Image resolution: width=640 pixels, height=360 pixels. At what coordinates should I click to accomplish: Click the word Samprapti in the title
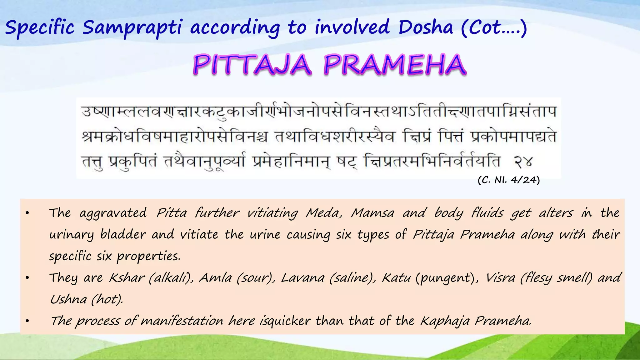(x=132, y=27)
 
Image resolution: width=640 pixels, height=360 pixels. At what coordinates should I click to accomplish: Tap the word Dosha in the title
(x=425, y=27)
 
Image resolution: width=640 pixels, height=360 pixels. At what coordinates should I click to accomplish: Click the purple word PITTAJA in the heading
(x=252, y=65)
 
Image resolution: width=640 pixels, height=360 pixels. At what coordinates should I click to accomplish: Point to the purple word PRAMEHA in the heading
(x=395, y=65)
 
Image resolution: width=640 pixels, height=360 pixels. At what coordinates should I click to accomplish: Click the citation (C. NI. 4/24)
(x=509, y=180)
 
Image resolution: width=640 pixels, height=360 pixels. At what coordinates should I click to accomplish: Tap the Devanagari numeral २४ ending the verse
(x=523, y=162)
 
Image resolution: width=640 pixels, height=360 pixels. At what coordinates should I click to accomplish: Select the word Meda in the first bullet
(x=324, y=213)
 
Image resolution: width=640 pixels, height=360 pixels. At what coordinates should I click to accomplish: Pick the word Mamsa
(x=373, y=213)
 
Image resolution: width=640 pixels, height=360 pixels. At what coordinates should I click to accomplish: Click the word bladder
(x=123, y=235)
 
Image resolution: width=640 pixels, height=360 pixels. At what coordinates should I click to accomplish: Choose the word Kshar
(x=127, y=278)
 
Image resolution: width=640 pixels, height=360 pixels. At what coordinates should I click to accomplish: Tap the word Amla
(x=215, y=278)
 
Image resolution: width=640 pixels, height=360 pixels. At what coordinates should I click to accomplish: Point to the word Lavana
(x=302, y=278)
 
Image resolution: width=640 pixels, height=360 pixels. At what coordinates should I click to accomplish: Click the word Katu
(x=396, y=278)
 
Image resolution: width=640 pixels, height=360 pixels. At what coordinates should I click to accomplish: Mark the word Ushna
(x=68, y=299)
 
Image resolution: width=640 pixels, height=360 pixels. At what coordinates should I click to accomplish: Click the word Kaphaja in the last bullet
(x=444, y=321)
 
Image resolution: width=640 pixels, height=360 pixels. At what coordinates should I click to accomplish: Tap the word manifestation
(x=182, y=321)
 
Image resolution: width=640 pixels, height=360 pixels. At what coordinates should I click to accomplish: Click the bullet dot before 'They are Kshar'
(x=27, y=278)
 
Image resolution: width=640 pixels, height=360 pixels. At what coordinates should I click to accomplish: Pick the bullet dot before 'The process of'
(x=27, y=321)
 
